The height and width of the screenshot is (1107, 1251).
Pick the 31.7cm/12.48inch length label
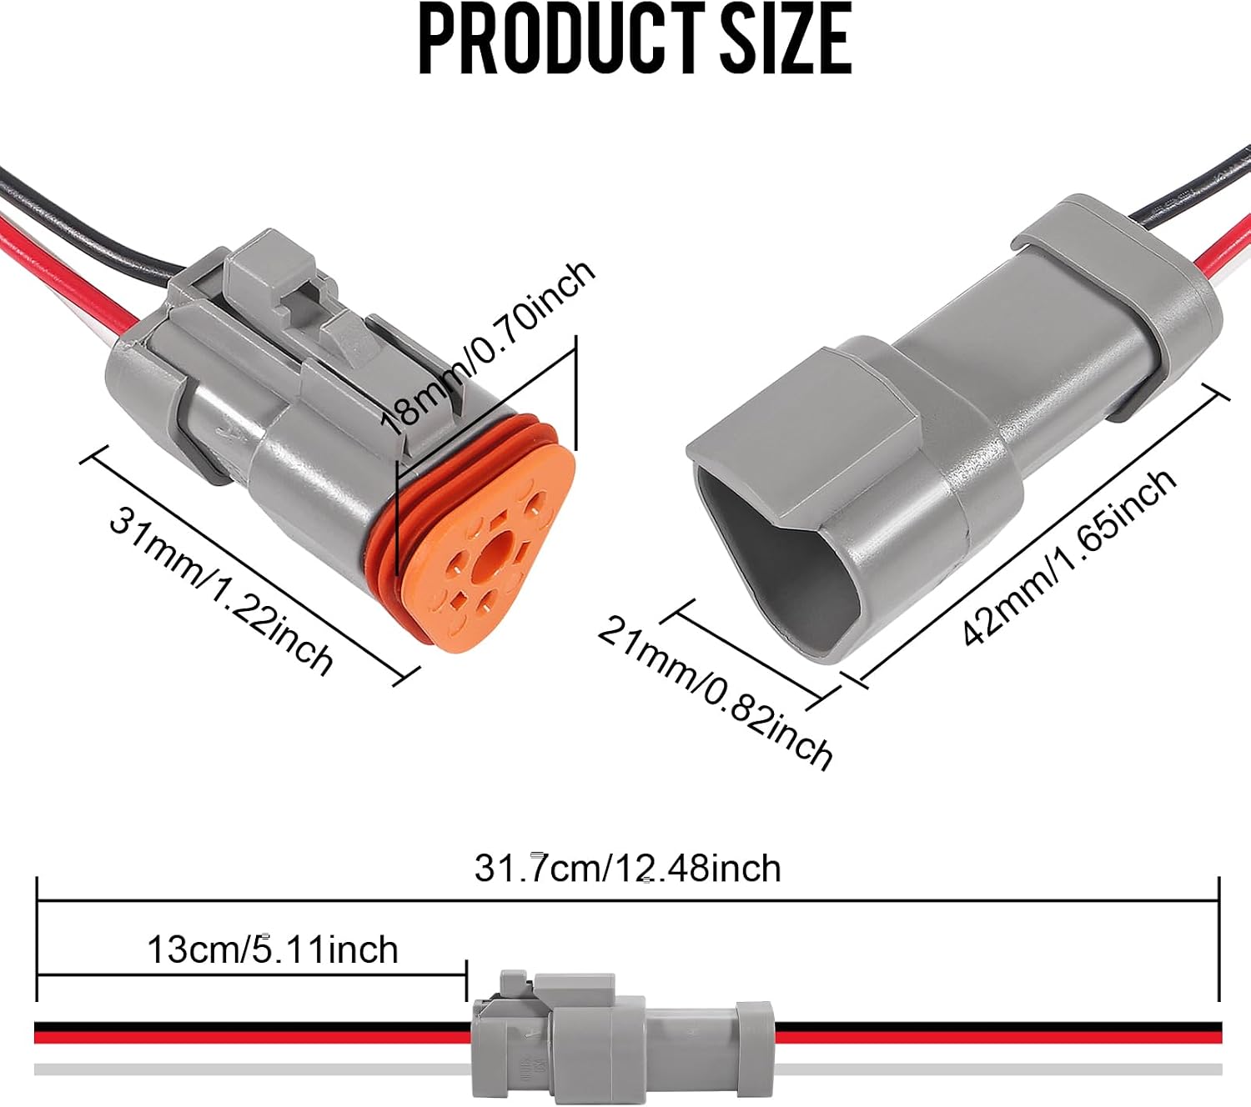(x=627, y=869)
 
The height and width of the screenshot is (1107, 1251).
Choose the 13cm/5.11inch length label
(x=273, y=949)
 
